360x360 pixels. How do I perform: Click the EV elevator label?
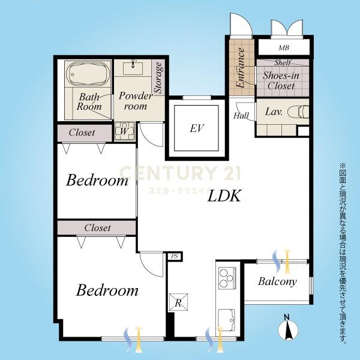coord(196,128)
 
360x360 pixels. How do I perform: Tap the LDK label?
coord(224,196)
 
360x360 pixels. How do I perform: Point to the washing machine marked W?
coord(124,131)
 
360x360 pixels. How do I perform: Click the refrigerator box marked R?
coord(178,302)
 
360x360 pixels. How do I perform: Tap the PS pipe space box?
coord(175,256)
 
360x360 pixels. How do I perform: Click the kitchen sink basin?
coord(226,319)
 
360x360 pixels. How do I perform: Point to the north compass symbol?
coord(288,328)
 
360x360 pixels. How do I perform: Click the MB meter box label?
coord(284,48)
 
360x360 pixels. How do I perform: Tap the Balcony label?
coord(277,281)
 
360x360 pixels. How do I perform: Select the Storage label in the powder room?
coord(158,77)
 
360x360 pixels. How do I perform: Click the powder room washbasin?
coord(133,68)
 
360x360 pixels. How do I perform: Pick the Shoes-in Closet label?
coord(281,80)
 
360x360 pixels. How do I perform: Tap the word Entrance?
coord(241,68)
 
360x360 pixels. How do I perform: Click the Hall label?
coord(241,115)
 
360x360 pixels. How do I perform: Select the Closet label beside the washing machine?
coord(82,133)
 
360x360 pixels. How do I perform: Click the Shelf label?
coord(283,62)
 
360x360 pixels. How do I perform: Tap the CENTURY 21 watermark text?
coord(180,173)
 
